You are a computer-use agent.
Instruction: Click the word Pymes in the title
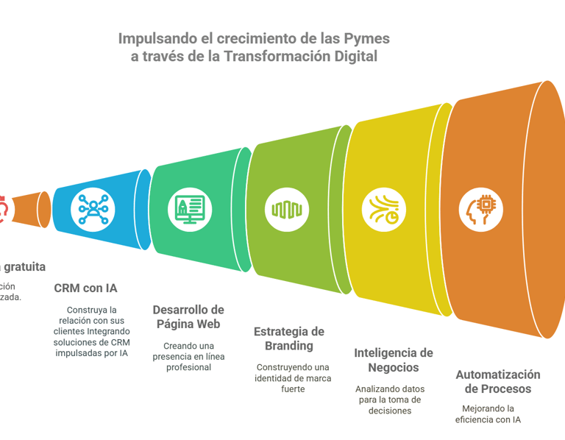(x=368, y=38)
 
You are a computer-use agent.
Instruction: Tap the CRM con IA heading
(x=85, y=288)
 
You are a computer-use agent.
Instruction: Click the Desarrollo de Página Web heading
(x=188, y=316)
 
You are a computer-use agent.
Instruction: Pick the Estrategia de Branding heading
(x=288, y=338)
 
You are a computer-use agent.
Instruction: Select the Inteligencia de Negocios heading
(x=393, y=360)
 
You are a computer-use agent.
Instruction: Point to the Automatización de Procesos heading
(x=497, y=381)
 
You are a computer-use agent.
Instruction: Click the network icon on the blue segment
(x=93, y=209)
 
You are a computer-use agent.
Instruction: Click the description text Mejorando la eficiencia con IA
(x=488, y=414)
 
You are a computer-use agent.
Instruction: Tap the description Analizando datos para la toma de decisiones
(x=389, y=400)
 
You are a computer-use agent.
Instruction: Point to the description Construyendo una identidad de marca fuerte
(x=293, y=377)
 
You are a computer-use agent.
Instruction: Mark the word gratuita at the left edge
(x=25, y=266)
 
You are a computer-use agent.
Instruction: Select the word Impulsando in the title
(x=154, y=38)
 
